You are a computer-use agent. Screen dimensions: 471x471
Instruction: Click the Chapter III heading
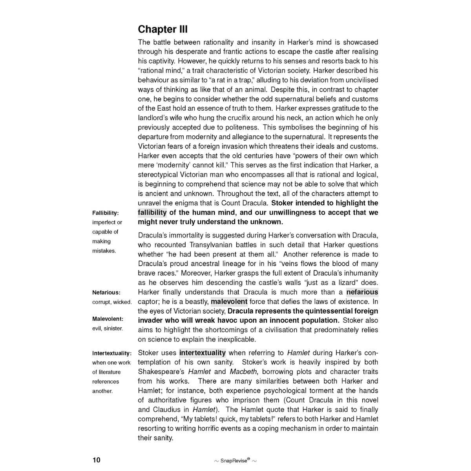(x=162, y=29)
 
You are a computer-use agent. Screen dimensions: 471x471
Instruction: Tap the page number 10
(x=97, y=460)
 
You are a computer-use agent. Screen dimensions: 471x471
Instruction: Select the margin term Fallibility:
(x=105, y=213)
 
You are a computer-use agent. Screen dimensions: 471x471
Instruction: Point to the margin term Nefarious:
(x=106, y=292)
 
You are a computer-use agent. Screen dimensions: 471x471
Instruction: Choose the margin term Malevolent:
(x=108, y=319)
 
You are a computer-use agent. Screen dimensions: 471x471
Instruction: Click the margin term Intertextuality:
(x=112, y=353)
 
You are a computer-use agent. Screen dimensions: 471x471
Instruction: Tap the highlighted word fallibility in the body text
(x=152, y=213)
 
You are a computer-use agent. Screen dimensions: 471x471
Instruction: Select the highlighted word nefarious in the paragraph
(x=362, y=292)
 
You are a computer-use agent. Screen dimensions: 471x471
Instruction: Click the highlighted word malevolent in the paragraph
(x=229, y=302)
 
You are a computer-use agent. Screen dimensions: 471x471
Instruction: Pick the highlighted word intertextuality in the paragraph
(x=203, y=353)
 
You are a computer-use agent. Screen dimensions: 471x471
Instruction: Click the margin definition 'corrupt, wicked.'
(x=112, y=302)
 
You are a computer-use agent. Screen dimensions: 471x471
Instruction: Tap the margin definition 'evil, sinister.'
(x=108, y=329)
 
